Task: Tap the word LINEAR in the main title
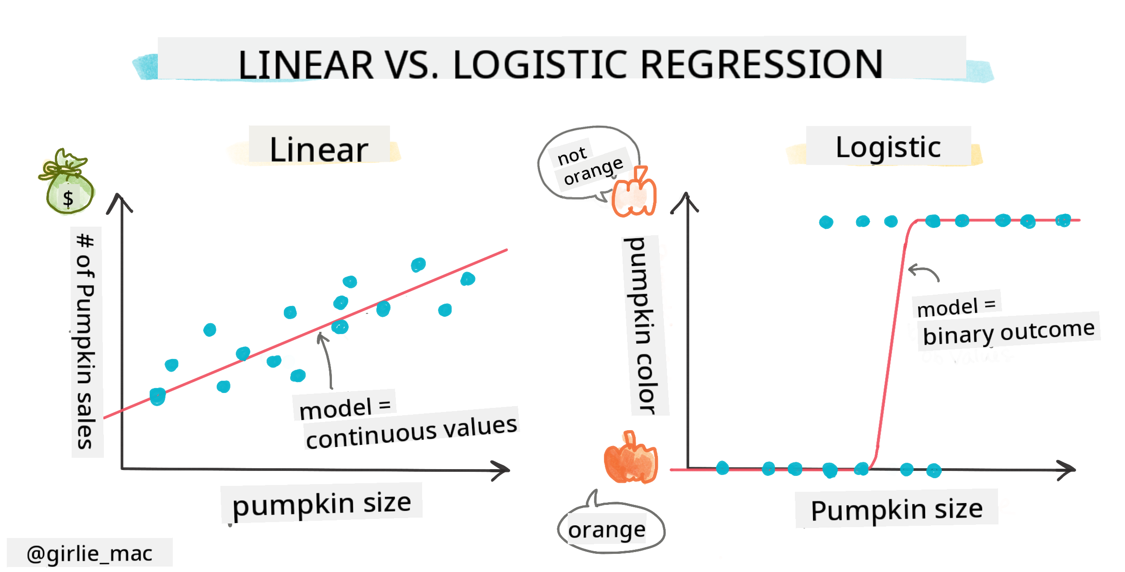click(x=306, y=64)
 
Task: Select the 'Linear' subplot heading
click(x=319, y=149)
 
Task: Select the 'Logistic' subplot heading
click(x=888, y=147)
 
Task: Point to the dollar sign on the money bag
click(x=68, y=199)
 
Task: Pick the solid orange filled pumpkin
click(x=630, y=460)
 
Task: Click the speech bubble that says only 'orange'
click(x=608, y=529)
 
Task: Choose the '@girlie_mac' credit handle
click(x=89, y=553)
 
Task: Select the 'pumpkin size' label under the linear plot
click(x=321, y=503)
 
